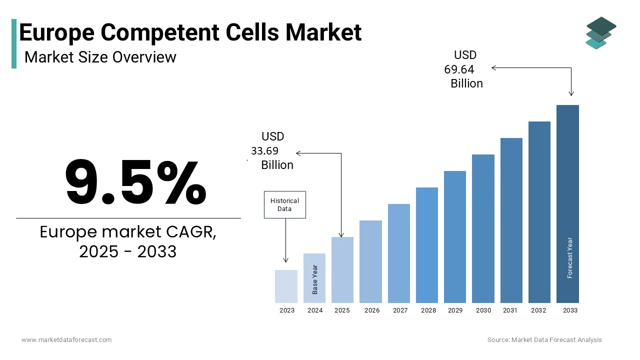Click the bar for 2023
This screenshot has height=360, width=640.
point(286,286)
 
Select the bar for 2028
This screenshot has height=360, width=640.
point(426,245)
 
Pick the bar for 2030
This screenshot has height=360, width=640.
point(483,228)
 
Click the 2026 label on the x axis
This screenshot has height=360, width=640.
point(371,310)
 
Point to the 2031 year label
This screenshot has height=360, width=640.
point(510,310)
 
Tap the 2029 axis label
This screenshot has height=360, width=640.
point(455,310)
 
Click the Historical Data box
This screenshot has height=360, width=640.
point(284,204)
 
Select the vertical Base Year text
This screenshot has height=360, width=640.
point(315,279)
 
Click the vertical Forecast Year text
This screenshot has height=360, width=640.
point(570,257)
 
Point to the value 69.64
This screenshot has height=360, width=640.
point(459,69)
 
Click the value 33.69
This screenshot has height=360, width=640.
point(264,151)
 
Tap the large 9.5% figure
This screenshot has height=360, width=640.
point(135,182)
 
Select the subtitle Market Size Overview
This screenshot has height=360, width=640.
point(100,57)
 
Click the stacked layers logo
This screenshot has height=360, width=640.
point(600,32)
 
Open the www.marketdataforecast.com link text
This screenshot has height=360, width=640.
point(66,340)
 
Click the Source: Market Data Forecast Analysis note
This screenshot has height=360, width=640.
point(544,340)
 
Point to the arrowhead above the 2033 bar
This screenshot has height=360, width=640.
point(571,93)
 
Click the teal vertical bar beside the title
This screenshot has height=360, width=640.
point(14,43)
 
